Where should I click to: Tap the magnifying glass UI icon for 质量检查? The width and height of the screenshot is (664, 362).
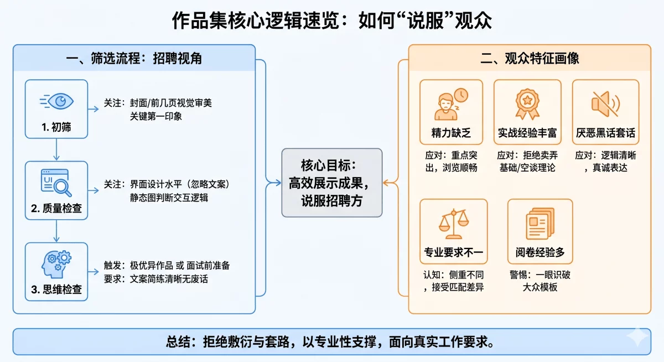56,182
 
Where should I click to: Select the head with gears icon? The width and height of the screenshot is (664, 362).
56,264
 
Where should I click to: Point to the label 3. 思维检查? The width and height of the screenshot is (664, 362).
56,289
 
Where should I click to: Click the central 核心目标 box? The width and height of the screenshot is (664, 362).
331,183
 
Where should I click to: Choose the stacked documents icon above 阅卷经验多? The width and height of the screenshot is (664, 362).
540,223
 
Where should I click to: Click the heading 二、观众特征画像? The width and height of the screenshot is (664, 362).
530,58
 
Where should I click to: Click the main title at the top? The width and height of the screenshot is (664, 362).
331,20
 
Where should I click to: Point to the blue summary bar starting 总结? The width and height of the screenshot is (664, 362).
331,342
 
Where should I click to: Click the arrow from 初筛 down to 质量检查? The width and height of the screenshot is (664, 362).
56,149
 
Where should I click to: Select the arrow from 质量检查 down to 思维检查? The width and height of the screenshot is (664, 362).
56,231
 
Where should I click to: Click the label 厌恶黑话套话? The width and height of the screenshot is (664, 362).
605,133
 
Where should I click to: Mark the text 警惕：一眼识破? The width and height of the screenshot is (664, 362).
539,275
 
